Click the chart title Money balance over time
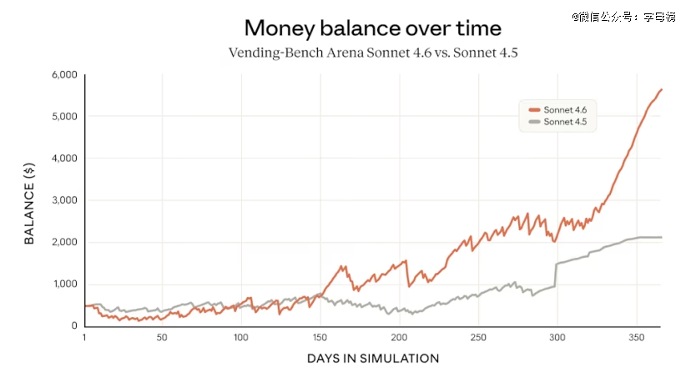pyautogui.click(x=373, y=28)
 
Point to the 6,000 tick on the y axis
pyautogui.click(x=64, y=75)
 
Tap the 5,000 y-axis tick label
pyautogui.click(x=64, y=117)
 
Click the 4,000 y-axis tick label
pyautogui.click(x=64, y=159)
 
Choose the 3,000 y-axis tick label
pyautogui.click(x=64, y=200)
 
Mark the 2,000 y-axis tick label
pyautogui.click(x=64, y=242)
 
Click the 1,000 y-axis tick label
pyautogui.click(x=64, y=285)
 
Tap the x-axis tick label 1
pyautogui.click(x=84, y=338)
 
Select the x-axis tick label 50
pyautogui.click(x=162, y=338)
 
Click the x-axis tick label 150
pyautogui.click(x=320, y=338)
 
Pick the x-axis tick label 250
pyautogui.click(x=477, y=338)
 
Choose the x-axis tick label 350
pyautogui.click(x=636, y=338)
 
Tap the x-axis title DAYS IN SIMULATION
pyautogui.click(x=373, y=359)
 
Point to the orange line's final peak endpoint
pyautogui.click(x=661, y=89)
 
